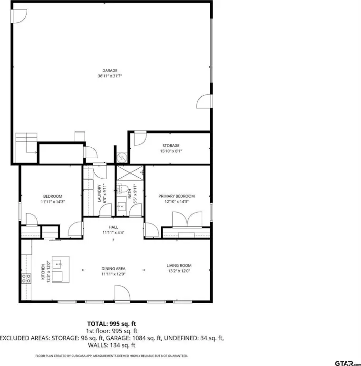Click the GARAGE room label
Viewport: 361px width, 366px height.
point(110,71)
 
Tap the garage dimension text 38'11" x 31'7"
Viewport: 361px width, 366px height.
point(110,76)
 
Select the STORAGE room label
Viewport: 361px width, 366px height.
point(171,146)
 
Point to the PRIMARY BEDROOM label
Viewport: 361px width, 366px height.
point(176,196)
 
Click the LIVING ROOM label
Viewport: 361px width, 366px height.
point(179,265)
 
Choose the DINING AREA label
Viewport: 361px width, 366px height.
point(113,269)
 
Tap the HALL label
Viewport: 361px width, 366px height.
point(113,227)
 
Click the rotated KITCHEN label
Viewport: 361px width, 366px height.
point(43,272)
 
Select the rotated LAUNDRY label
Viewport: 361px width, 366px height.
point(99,193)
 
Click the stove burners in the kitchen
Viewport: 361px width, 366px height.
point(26,278)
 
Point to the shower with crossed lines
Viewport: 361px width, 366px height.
point(130,173)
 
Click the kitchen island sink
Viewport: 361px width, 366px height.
point(57,264)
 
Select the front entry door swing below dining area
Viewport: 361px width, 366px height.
point(122,294)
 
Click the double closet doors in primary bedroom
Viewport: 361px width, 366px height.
point(187,219)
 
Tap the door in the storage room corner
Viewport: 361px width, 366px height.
point(140,138)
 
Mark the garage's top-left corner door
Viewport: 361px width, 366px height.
point(19,16)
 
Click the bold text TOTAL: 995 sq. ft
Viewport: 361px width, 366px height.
point(112,324)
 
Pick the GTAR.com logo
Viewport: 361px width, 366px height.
point(348,363)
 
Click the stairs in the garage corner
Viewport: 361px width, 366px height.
point(26,148)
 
